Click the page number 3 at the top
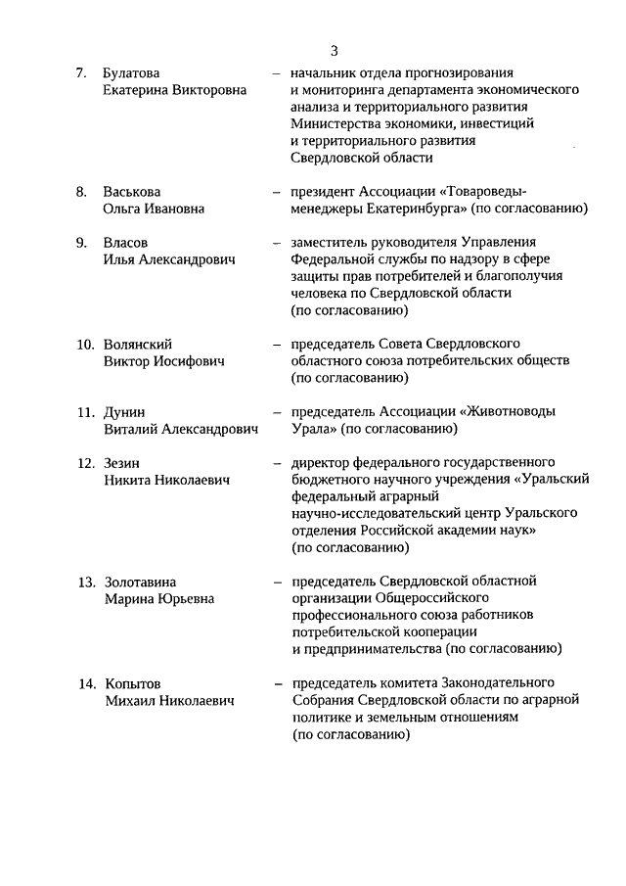[335, 51]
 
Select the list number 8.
[82, 192]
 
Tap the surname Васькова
[132, 192]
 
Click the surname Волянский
[138, 345]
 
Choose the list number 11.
[85, 412]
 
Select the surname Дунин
[124, 412]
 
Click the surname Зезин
[123, 463]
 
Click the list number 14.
[86, 683]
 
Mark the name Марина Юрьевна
[158, 598]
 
